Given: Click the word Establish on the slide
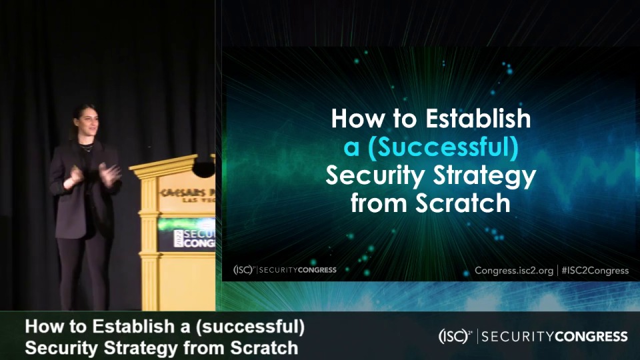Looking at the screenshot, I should [478, 119].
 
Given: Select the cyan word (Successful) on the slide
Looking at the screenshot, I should [443, 147].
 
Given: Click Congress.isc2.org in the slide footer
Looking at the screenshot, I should [514, 270].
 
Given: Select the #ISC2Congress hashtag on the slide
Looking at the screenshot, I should [595, 270].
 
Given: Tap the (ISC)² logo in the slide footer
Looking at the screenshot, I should [243, 270].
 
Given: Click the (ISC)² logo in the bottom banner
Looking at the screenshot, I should [455, 336].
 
